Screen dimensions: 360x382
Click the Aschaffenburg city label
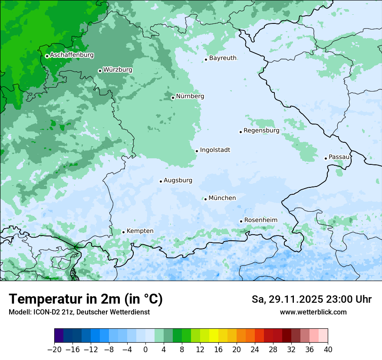[x=72, y=55]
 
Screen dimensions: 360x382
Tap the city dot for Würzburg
[x=100, y=71]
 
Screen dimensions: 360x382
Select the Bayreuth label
[x=223, y=58]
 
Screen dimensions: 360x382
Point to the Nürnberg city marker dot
[x=173, y=98]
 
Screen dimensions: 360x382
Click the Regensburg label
[x=261, y=130]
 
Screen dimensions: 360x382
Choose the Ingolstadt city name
[x=215, y=150]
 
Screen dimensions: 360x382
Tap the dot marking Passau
[x=326, y=158]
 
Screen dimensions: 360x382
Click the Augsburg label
[x=178, y=180]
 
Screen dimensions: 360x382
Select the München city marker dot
[x=205, y=199]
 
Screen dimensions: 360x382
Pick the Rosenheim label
[x=260, y=220]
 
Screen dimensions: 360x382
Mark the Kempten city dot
[x=123, y=232]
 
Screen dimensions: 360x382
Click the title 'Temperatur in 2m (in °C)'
[x=86, y=299]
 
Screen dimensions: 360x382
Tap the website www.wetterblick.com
[x=313, y=312]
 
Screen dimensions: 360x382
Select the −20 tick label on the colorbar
[x=54, y=350]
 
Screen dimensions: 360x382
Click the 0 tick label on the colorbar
[x=145, y=350]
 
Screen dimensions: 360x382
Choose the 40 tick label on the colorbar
[x=328, y=350]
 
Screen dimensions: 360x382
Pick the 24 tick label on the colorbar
[x=255, y=350]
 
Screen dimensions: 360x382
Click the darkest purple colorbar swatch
[x=59, y=336]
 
